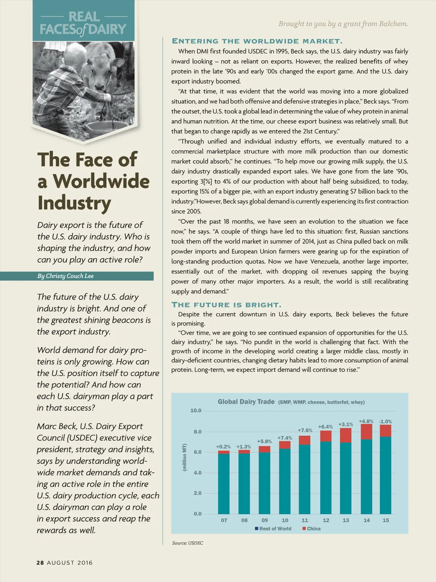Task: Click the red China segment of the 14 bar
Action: [366, 431]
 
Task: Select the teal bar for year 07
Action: [224, 484]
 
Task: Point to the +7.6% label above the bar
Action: [305, 430]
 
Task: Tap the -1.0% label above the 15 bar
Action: [385, 421]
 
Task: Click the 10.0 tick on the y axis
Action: [196, 411]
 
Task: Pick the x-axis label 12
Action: [326, 520]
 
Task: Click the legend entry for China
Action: [313, 529]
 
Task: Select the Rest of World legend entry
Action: [275, 529]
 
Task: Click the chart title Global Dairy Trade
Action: [246, 402]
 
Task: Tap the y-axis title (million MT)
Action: [184, 457]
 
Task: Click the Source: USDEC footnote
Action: [188, 543]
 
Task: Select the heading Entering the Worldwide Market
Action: [257, 41]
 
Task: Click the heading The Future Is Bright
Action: [226, 305]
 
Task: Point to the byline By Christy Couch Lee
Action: [66, 276]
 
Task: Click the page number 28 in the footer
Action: [40, 563]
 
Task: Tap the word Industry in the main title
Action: [75, 203]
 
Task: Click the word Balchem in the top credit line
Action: [393, 24]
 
